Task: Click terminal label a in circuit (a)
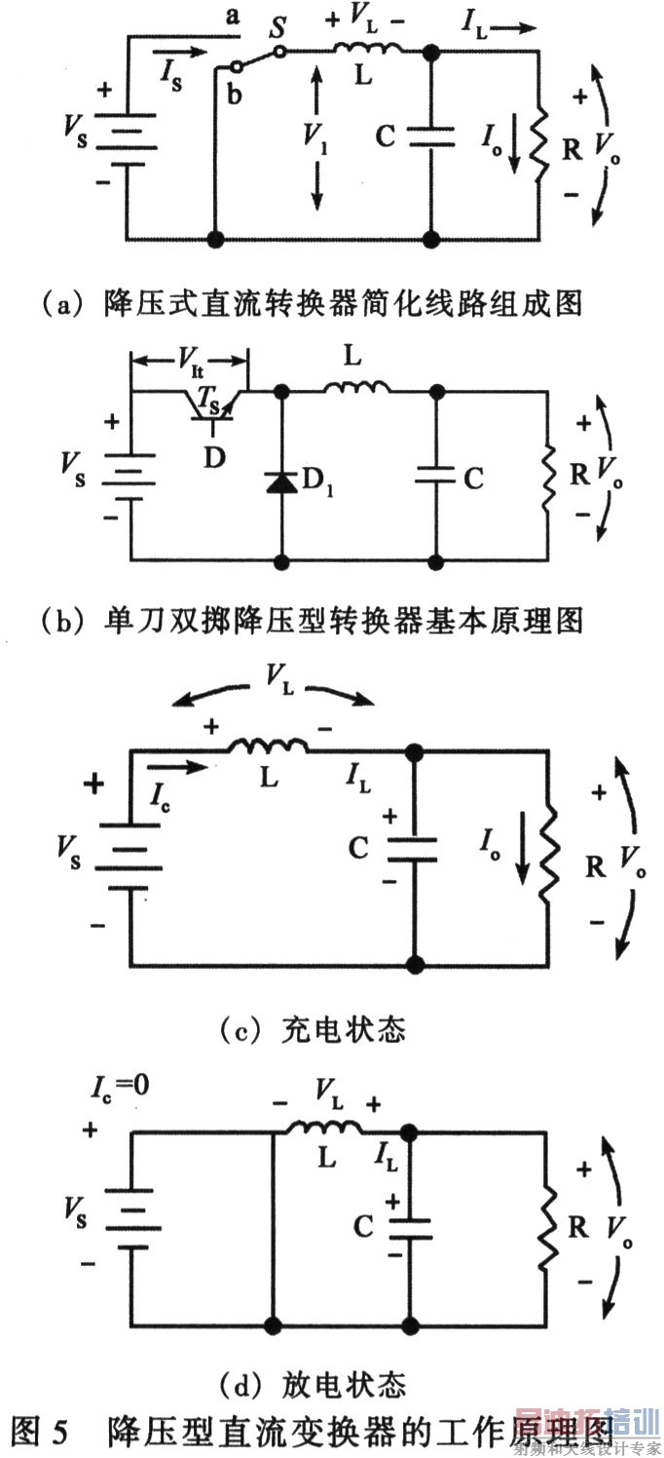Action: tap(231, 17)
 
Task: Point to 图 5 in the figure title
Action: tap(41, 1429)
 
